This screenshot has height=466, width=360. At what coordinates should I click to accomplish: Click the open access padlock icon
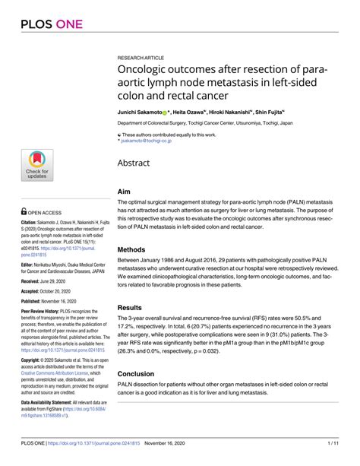coord(23,192)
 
